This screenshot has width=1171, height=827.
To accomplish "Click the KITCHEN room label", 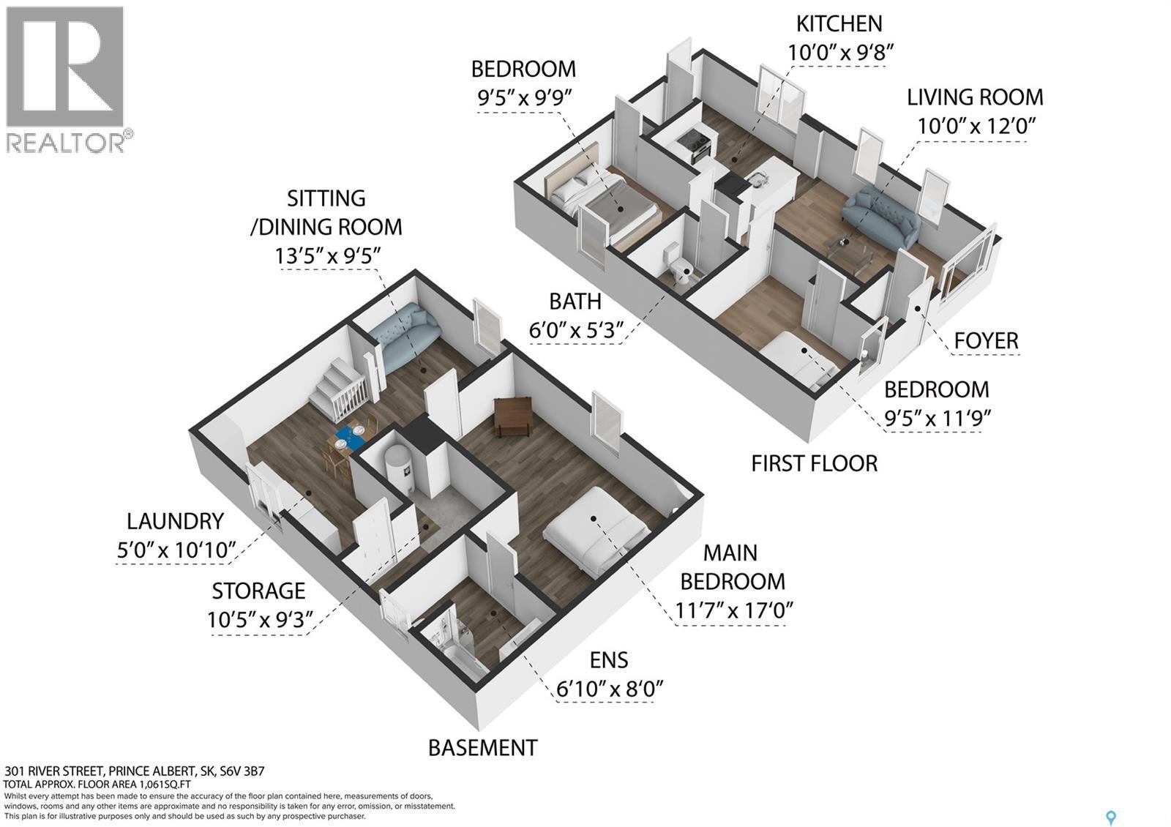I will pos(839,24).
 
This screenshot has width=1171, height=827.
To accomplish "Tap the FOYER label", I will pos(986,340).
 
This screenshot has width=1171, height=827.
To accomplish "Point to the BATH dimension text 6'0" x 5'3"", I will pos(576,330).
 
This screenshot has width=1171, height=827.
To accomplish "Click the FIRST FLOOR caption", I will pos(814,463).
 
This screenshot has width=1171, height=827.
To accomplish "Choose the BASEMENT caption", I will pos(482,748).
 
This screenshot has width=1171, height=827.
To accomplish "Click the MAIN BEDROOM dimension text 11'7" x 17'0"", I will pos(733,610).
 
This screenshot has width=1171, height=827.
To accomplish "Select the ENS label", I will pos(609,660).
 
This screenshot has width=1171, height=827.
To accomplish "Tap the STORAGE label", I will pos(258,591).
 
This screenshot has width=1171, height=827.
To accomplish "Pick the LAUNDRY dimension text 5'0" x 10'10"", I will pos(176,550).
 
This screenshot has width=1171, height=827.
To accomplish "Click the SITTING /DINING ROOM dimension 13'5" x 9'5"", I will pos(327,256).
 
